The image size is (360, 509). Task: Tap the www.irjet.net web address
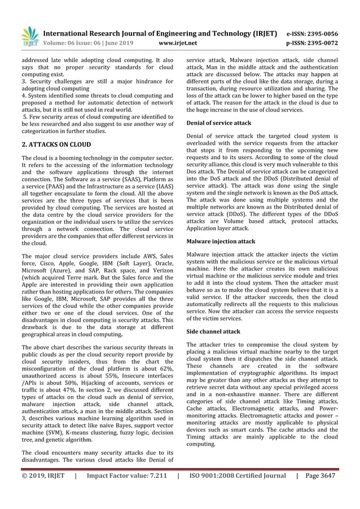[178, 42]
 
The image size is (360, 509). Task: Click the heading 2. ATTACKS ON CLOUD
[56, 144]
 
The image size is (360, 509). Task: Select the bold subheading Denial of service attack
[218, 122]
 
